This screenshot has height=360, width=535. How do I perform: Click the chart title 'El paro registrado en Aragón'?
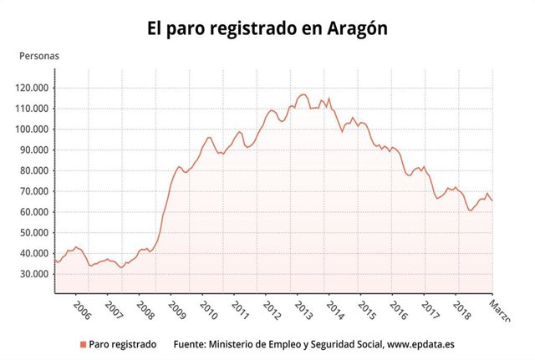click(x=267, y=28)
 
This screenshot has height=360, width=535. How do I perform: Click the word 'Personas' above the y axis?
click(x=38, y=56)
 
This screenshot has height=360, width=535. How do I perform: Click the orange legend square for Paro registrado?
click(x=83, y=344)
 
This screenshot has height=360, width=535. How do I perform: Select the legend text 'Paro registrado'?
click(x=122, y=344)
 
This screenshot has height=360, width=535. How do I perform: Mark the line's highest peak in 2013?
click(x=303, y=94)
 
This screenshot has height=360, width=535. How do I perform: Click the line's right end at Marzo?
click(x=492, y=200)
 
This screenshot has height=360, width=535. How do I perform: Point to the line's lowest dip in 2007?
click(x=121, y=267)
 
